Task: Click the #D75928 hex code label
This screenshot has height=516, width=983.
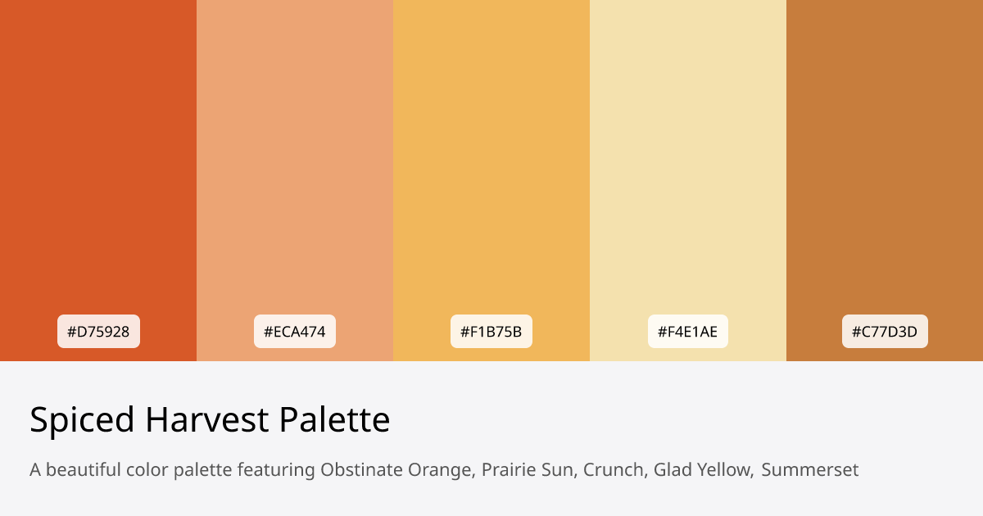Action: [x=98, y=332]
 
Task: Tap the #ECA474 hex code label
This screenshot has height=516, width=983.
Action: [x=295, y=332]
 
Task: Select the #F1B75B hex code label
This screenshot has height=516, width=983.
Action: [x=491, y=332]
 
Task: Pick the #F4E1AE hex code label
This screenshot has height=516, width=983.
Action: [x=688, y=332]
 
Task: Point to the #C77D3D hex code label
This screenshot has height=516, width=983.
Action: [x=885, y=332]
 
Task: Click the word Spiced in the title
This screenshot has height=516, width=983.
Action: [x=82, y=420]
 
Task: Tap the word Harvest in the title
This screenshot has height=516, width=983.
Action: [x=206, y=420]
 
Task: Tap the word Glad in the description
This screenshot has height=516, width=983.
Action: [x=671, y=470]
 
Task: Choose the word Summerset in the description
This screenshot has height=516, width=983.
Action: [x=810, y=470]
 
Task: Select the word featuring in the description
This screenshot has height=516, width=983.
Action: [x=276, y=470]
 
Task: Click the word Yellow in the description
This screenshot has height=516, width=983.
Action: [x=723, y=470]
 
